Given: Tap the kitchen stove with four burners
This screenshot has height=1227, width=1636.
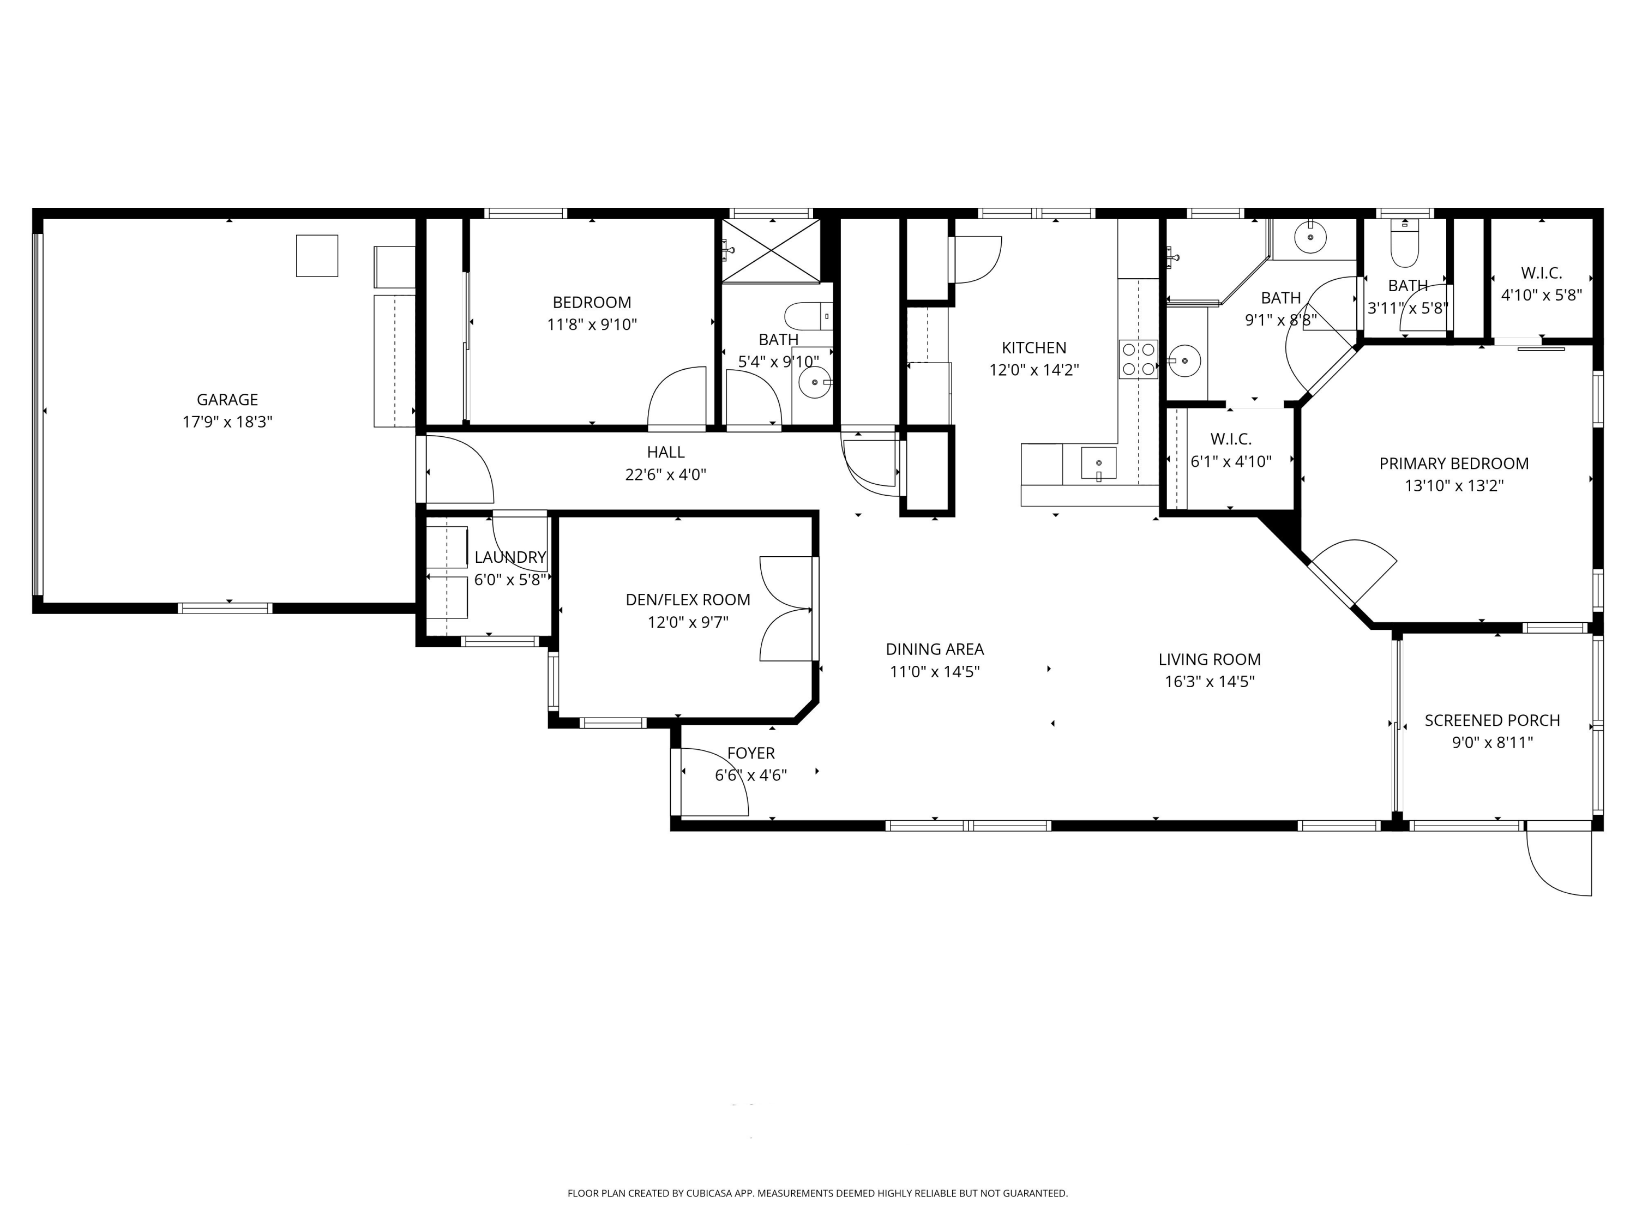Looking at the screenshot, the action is pos(1138,359).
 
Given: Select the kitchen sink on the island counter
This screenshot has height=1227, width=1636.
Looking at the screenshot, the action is pos(1098,464).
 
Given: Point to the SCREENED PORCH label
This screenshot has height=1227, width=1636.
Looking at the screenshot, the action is pos(1493,720).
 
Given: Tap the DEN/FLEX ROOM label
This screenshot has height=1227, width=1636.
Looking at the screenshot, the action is pos(688,600).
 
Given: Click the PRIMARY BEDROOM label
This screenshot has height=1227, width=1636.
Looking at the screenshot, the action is pos(1454,464).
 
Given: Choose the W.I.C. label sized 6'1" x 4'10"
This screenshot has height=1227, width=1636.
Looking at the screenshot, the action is pos(1231,440).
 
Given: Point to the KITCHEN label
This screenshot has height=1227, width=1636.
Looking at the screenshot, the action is pos(1034,347).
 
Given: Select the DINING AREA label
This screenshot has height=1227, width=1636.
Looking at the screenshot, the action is pos(935,649).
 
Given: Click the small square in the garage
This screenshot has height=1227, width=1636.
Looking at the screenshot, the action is pos(317,256).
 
